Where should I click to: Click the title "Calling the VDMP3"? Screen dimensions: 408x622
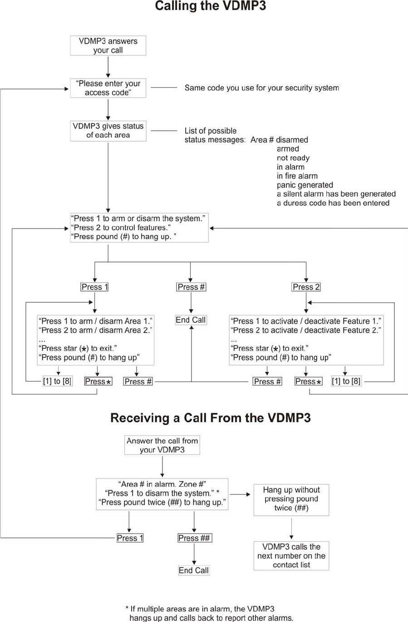pyautogui.click(x=211, y=6)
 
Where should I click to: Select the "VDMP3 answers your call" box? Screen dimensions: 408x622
pyautogui.click(x=108, y=45)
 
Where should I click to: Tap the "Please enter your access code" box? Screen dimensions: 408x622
pyautogui.click(x=108, y=88)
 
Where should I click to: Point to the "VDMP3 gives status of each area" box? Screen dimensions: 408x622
pyautogui.click(x=108, y=131)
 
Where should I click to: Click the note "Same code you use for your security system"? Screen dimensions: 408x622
pyautogui.click(x=262, y=88)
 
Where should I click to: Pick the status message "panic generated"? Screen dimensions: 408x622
pyautogui.click(x=305, y=185)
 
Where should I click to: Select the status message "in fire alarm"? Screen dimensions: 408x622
pyautogui.click(x=297, y=176)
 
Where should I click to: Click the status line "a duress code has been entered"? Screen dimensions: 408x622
pyautogui.click(x=333, y=203)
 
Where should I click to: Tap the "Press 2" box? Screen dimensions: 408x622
pyautogui.click(x=306, y=287)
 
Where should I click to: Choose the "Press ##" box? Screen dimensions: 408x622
pyautogui.click(x=195, y=538)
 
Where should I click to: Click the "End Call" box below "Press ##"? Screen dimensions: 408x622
pyautogui.click(x=194, y=570)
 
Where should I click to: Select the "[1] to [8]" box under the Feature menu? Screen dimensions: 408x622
pyautogui.click(x=346, y=381)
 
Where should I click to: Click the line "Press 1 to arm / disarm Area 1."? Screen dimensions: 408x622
pyautogui.click(x=95, y=321)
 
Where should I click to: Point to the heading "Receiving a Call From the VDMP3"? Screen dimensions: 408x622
pyautogui.click(x=211, y=418)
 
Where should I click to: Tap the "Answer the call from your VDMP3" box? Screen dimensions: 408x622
pyautogui.click(x=162, y=445)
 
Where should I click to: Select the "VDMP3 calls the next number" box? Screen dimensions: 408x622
pyautogui.click(x=291, y=556)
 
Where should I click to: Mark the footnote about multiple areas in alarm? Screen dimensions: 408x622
pyautogui.click(x=209, y=613)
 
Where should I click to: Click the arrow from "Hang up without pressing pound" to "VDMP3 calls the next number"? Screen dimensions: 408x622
pyautogui.click(x=291, y=528)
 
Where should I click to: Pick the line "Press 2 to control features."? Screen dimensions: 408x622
pyautogui.click(x=121, y=228)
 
